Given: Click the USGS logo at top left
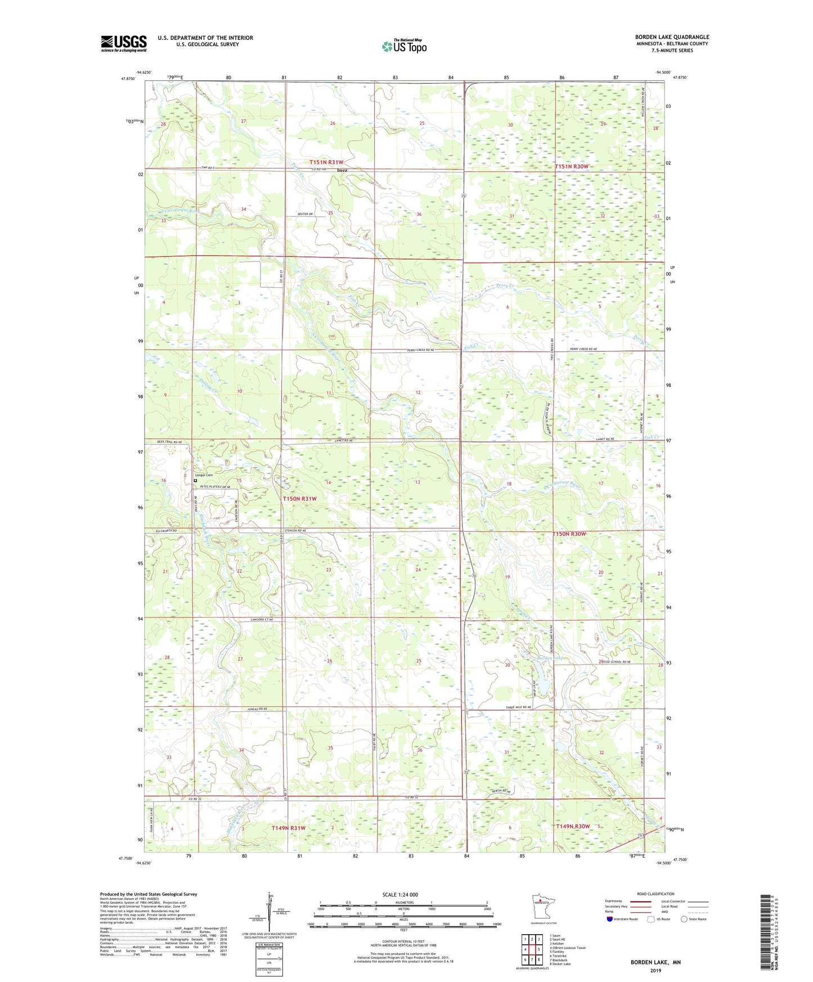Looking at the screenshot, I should (x=123, y=43).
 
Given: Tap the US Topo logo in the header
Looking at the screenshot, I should (x=403, y=47).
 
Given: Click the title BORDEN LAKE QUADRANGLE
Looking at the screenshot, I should (x=672, y=37).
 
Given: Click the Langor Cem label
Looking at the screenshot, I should (x=204, y=475).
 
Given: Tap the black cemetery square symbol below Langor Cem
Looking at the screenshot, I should (x=195, y=481).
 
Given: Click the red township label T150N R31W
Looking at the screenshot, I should (x=300, y=499).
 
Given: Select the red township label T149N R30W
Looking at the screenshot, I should (x=573, y=826).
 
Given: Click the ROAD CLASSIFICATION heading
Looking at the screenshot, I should (x=655, y=894).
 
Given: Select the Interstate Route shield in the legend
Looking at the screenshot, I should (x=611, y=919).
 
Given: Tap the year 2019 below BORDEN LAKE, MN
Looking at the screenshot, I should (x=655, y=970).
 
